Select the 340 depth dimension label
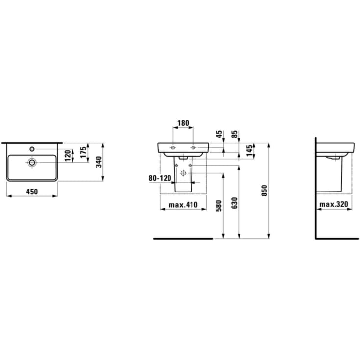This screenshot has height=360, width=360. coord(98,162)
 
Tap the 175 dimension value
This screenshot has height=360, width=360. coord(84,151)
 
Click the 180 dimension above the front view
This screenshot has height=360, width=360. coord(183,124)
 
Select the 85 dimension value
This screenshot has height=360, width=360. coord(235,133)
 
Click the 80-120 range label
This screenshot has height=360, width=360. coord(160,179)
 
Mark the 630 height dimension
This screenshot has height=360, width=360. coord(234,205)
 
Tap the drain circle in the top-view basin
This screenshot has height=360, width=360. coord(32,162)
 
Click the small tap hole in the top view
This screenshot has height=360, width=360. coord(32,148)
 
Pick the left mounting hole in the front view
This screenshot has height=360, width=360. coord(173,147)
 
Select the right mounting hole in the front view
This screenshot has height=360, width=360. coord(193,147)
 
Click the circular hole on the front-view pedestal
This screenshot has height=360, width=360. coord(183,173)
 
